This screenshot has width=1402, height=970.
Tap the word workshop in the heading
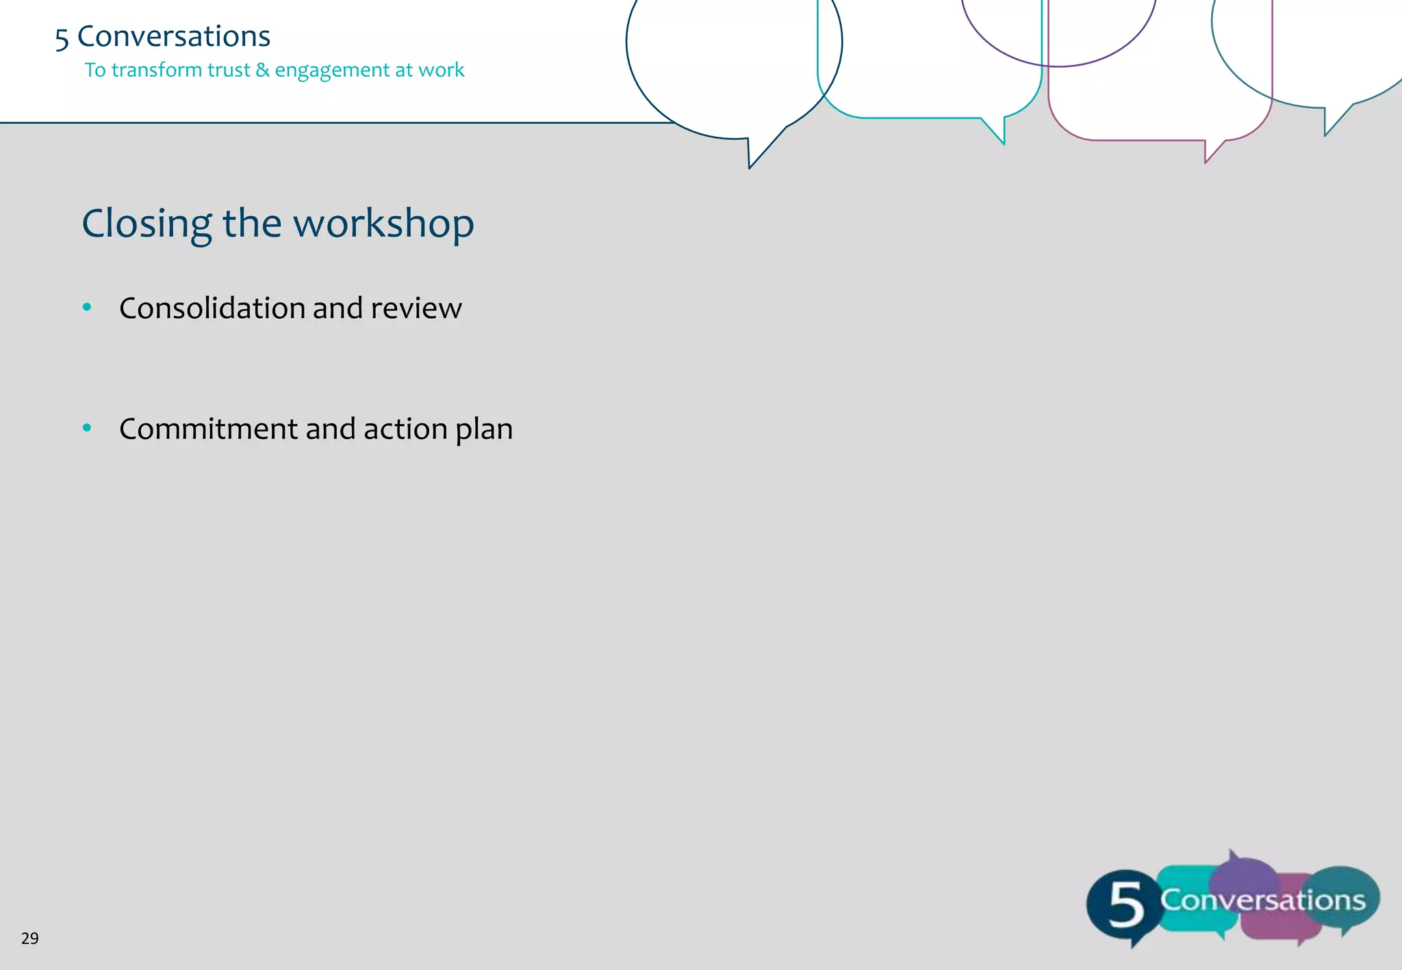[383, 224]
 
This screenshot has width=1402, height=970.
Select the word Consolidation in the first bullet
[212, 308]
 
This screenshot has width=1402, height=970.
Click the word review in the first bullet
[416, 309]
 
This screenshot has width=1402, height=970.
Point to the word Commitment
[208, 429]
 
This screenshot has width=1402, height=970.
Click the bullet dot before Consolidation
[87, 307]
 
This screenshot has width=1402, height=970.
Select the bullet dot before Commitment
[87, 428]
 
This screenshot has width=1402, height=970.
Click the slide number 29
[30, 939]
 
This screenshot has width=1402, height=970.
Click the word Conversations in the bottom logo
[1263, 900]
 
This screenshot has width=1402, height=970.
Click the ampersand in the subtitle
[262, 70]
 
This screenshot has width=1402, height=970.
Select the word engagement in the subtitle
[332, 70]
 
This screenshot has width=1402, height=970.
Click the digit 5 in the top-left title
[62, 38]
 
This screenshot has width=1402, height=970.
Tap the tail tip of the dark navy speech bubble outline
[750, 167]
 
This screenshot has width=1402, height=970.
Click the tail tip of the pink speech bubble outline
[1206, 162]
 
